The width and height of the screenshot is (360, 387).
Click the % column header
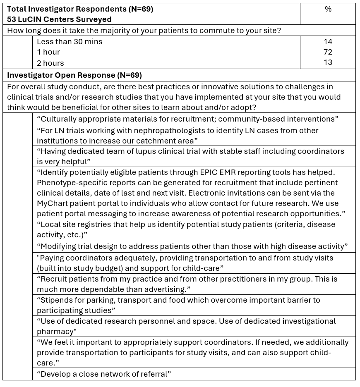(x=328, y=9)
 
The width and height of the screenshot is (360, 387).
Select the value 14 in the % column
(x=328, y=41)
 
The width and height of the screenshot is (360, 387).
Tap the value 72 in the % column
(x=328, y=52)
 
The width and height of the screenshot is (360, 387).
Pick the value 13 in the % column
(x=328, y=62)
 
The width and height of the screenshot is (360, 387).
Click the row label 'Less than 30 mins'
(x=69, y=41)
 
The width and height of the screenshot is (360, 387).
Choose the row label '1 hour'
(x=48, y=52)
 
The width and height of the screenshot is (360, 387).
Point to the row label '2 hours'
(x=50, y=63)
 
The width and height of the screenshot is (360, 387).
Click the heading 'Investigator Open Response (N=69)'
(x=74, y=75)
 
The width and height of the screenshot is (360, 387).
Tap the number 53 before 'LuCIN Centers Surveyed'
(x=12, y=19)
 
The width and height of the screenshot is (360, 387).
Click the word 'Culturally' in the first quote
(x=56, y=119)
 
